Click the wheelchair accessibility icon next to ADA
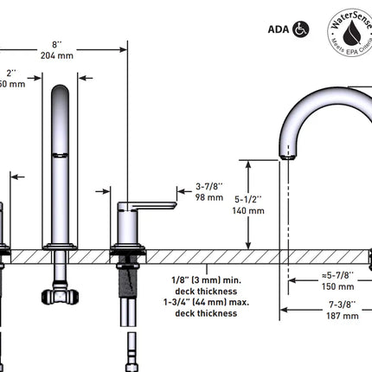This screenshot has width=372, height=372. click(300, 28)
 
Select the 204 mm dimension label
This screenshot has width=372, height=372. click(59, 55)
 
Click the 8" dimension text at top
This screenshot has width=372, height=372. click(59, 43)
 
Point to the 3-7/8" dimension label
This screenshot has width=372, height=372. click(210, 185)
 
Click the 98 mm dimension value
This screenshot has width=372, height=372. click(209, 197)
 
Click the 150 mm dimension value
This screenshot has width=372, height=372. click(337, 285)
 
